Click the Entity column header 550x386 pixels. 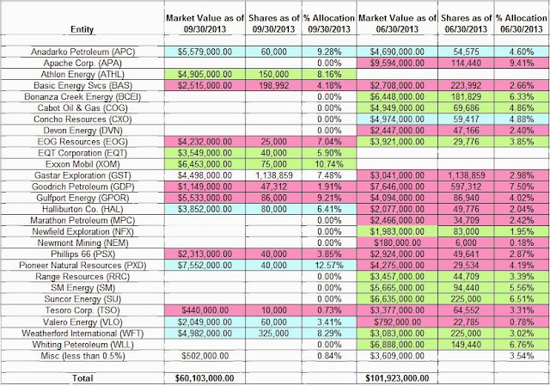[x=82, y=29]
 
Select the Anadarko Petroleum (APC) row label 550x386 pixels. [x=82, y=52]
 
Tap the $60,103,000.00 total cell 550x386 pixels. [x=205, y=378]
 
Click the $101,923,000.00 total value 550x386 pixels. [x=397, y=378]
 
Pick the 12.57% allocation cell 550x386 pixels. [x=329, y=266]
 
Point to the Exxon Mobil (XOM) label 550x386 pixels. [x=82, y=164]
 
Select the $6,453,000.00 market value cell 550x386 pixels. [x=205, y=164]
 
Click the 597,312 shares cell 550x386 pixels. [x=466, y=187]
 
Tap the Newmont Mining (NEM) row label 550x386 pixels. [x=82, y=242]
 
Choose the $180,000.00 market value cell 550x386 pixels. [x=397, y=242]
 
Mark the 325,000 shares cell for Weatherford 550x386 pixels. [x=273, y=334]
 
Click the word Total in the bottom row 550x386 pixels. [x=82, y=378]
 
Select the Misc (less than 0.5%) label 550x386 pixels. [x=82, y=356]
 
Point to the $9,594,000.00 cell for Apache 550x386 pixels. [x=397, y=63]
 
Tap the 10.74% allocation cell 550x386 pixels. [x=329, y=164]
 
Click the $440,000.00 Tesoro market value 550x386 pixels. [x=205, y=310]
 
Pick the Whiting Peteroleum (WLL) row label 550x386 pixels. [x=82, y=345]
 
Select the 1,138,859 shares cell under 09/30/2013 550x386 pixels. [x=273, y=175]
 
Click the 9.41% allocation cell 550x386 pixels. [x=522, y=63]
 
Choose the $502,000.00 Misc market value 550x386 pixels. [x=205, y=356]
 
